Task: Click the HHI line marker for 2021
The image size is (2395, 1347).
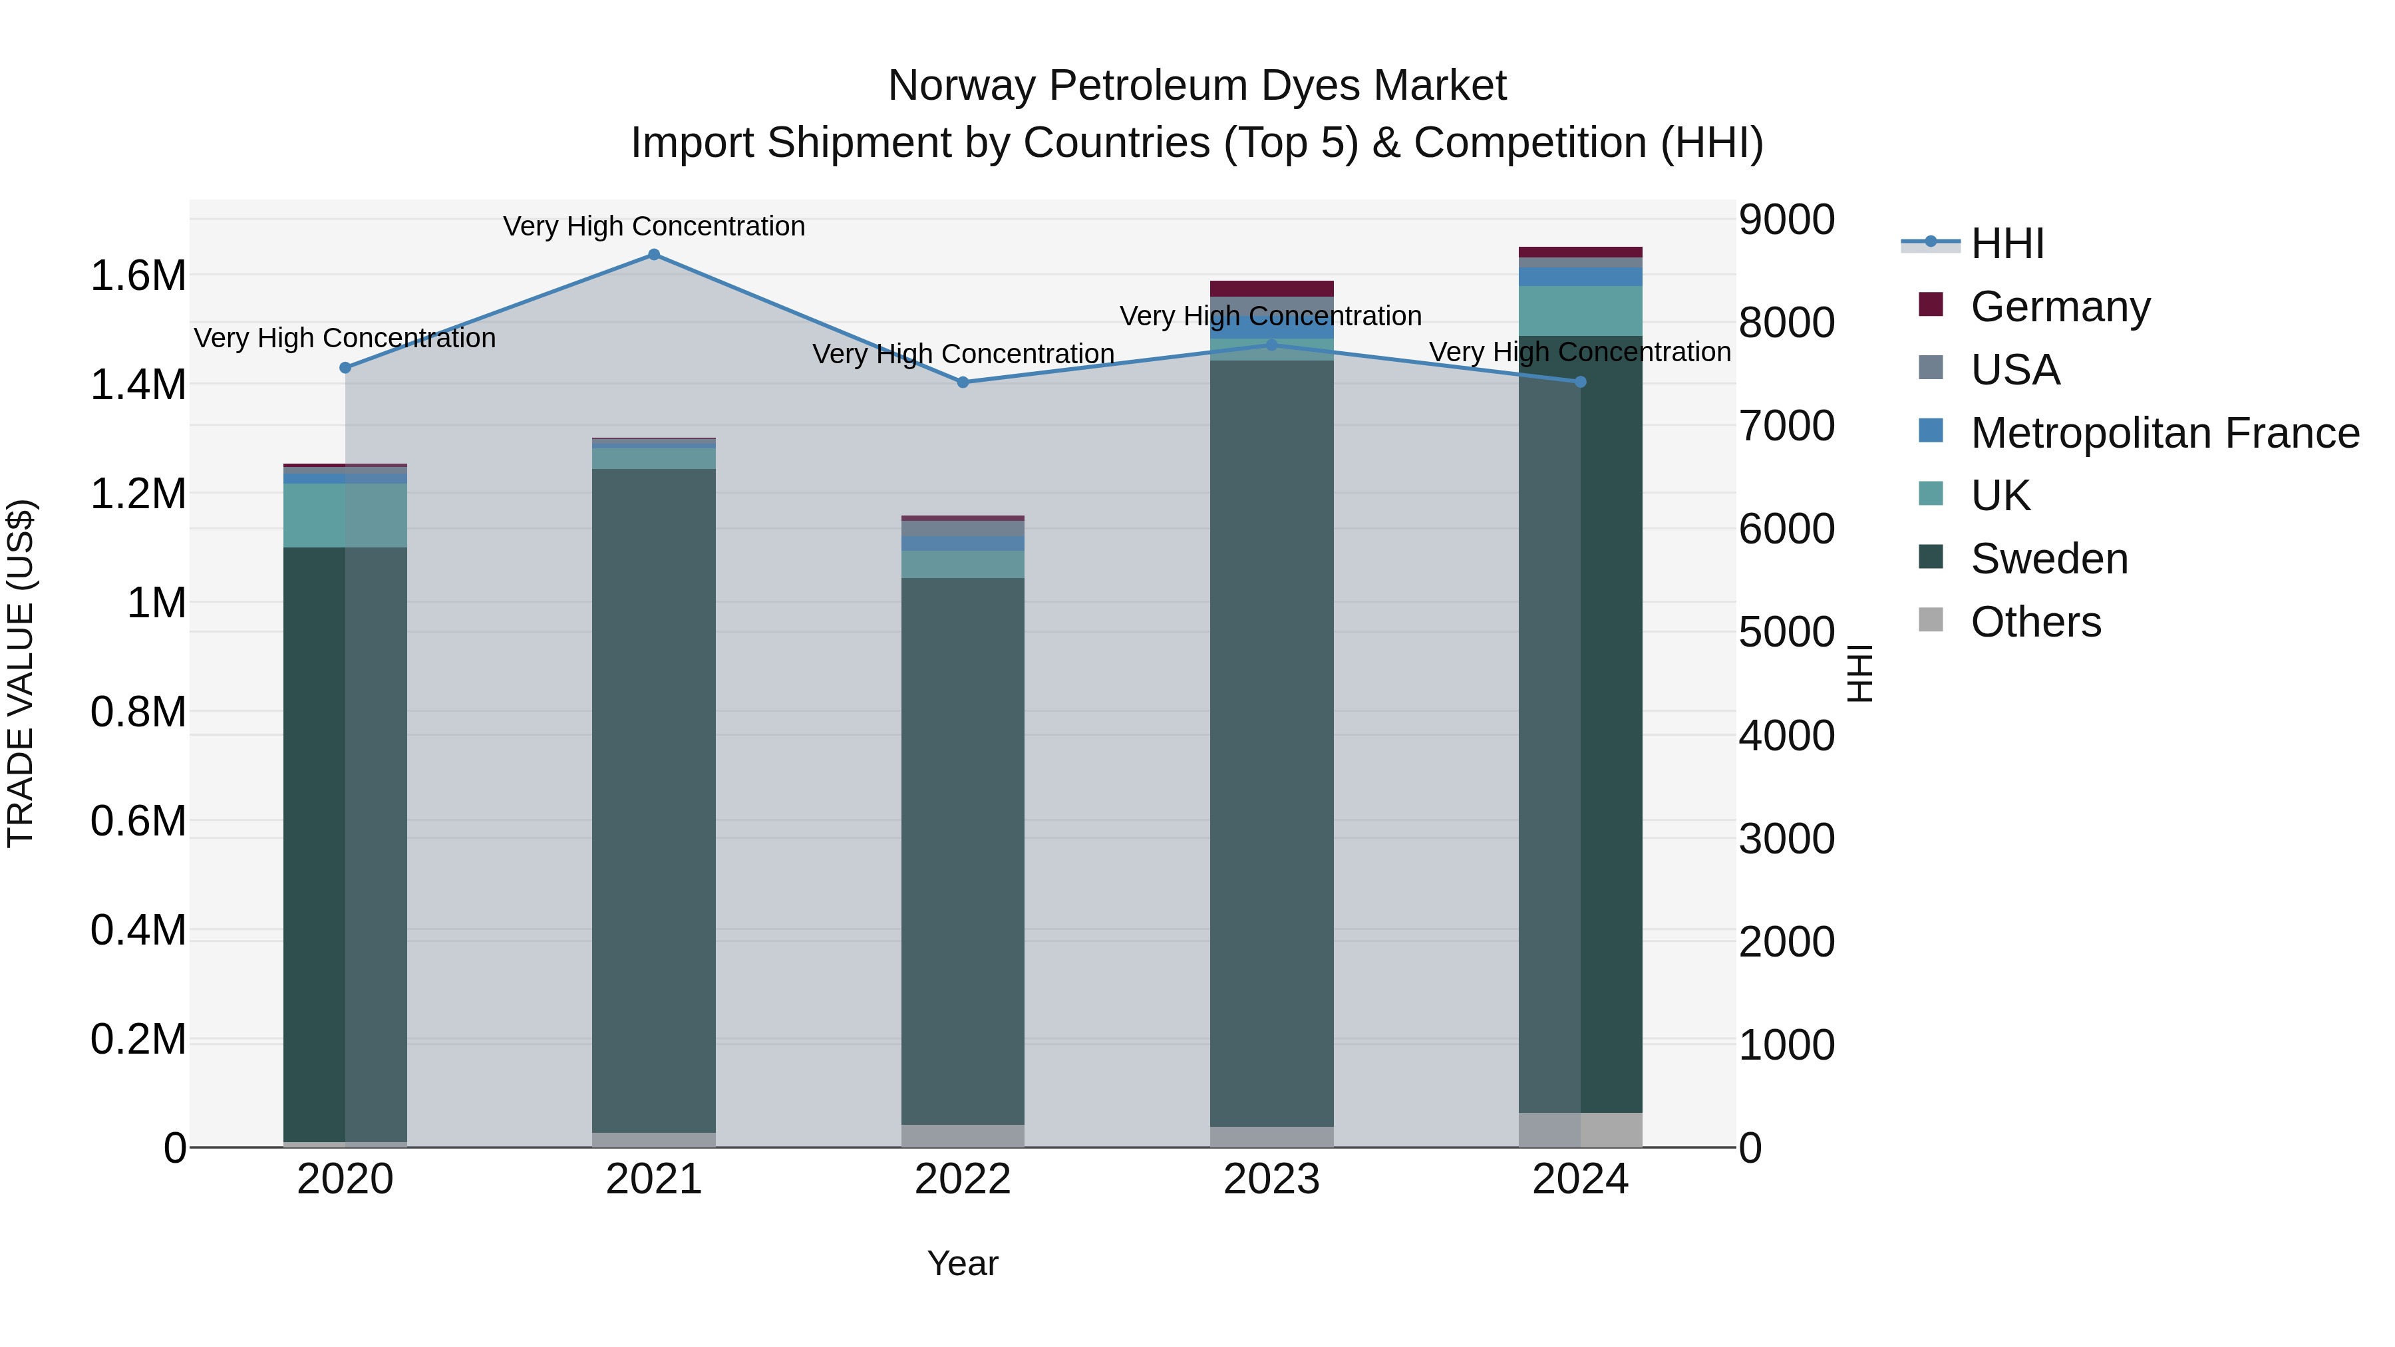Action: pyautogui.click(x=653, y=255)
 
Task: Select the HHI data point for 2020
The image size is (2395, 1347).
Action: pyautogui.click(x=345, y=368)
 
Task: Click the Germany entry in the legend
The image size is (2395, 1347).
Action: pyautogui.click(x=2059, y=306)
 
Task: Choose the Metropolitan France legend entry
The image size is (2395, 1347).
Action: pyautogui.click(x=2164, y=432)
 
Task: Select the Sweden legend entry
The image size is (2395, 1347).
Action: pyautogui.click(x=2048, y=559)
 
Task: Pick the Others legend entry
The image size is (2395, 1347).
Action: pyautogui.click(x=2035, y=622)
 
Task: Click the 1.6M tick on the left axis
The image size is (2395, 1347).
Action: pyautogui.click(x=138, y=276)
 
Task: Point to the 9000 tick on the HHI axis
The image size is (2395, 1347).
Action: pyautogui.click(x=1786, y=220)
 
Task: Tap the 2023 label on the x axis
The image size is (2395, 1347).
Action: pyautogui.click(x=1271, y=1179)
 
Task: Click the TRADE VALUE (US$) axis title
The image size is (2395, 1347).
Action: pyautogui.click(x=21, y=673)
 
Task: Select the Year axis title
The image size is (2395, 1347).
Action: pyautogui.click(x=962, y=1263)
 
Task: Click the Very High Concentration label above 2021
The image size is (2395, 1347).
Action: pyautogui.click(x=653, y=226)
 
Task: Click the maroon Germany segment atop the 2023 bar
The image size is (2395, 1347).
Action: pyautogui.click(x=1271, y=288)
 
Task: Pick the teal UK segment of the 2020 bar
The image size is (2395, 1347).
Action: pyautogui.click(x=345, y=515)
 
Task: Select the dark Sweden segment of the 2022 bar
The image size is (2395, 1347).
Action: pyautogui.click(x=962, y=851)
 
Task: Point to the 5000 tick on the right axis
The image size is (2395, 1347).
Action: pyautogui.click(x=1786, y=632)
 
